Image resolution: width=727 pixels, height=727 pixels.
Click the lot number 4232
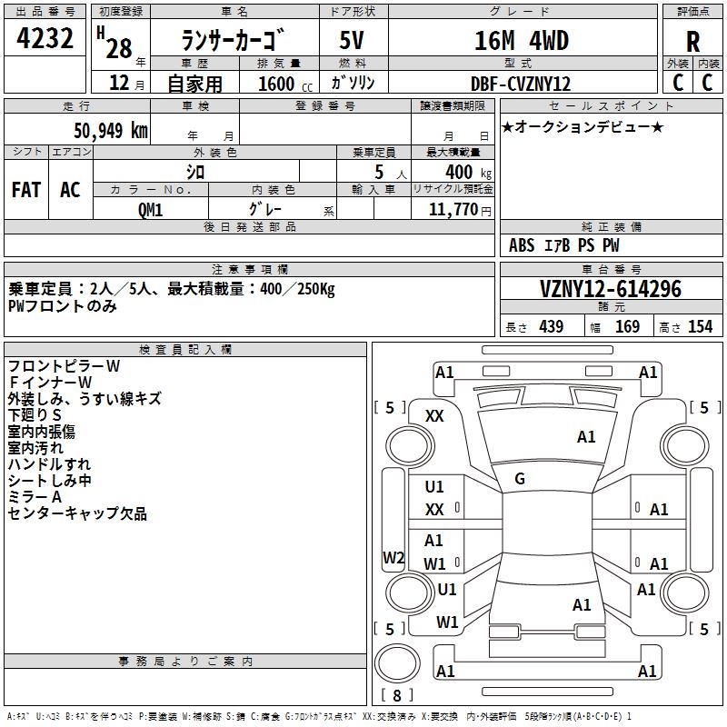[x=45, y=38]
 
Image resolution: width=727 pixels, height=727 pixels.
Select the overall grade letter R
[x=692, y=42]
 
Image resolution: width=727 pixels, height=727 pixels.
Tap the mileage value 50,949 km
[x=111, y=131]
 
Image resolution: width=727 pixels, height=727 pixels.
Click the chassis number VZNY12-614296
[x=611, y=289]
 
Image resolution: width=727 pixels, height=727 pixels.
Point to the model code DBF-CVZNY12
[x=520, y=84]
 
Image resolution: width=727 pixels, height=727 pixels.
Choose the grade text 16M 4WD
[x=521, y=41]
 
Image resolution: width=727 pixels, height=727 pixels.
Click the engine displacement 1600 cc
[x=285, y=84]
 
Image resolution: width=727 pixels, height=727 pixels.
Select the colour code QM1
[x=150, y=210]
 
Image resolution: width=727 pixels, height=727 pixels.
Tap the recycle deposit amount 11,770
[x=453, y=210]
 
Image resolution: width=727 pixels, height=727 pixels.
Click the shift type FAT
[x=26, y=190]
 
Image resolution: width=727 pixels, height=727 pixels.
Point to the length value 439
[x=551, y=326]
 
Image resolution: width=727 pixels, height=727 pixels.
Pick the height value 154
[x=700, y=326]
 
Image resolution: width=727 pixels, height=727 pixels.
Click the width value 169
[x=627, y=326]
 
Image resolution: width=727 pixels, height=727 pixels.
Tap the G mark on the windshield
[x=520, y=479]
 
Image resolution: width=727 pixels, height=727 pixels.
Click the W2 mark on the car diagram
[x=393, y=557]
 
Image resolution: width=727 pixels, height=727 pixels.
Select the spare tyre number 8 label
[x=397, y=695]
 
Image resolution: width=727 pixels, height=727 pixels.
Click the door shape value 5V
[x=352, y=41]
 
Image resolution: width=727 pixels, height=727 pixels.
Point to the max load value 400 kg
[x=468, y=172]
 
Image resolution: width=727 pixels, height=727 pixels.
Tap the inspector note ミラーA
[x=35, y=497]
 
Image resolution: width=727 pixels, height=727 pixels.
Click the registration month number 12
[x=119, y=83]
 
